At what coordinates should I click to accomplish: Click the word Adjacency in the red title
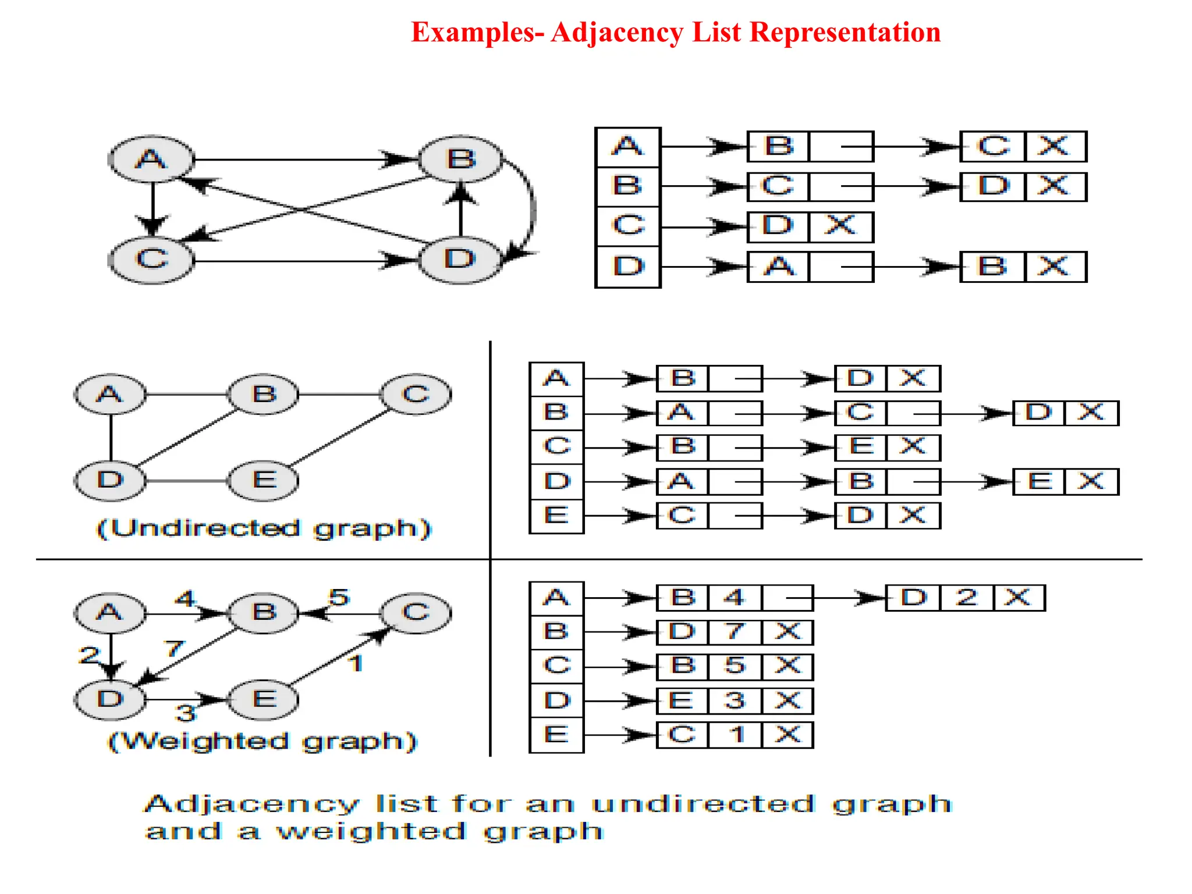[617, 33]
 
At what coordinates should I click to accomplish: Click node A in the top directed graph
[151, 159]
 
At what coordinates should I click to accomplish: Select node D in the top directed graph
[460, 260]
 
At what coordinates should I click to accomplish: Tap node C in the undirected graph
[416, 394]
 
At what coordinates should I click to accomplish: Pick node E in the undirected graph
[264, 480]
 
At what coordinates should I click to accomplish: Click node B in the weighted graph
[264, 612]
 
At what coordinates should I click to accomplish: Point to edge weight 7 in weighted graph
[174, 648]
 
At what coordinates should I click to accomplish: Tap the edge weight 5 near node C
[339, 597]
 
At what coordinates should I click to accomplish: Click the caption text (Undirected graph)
[264, 528]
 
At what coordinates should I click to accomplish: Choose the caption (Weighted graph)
[262, 742]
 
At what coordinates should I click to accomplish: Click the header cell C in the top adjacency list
[628, 225]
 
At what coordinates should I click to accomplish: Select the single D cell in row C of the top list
[778, 226]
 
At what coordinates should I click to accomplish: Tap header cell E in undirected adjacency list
[556, 516]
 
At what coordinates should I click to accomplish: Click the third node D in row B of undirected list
[1038, 413]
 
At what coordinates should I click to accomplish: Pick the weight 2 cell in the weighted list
[966, 598]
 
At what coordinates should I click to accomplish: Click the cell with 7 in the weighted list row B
[734, 632]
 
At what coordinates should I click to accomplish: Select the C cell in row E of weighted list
[682, 735]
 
